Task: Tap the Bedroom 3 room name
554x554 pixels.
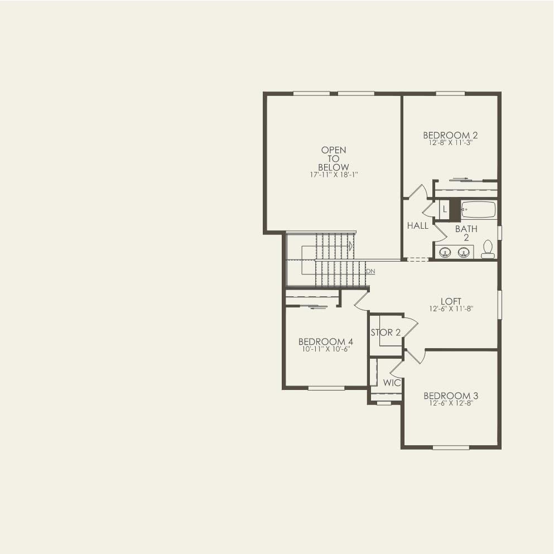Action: click(x=451, y=396)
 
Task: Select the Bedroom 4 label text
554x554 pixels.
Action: click(x=326, y=341)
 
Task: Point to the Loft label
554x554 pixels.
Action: click(x=451, y=301)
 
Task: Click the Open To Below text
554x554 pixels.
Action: click(x=334, y=158)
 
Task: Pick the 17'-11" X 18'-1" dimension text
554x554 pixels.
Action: click(x=334, y=175)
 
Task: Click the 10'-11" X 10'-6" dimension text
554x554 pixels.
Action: click(x=326, y=349)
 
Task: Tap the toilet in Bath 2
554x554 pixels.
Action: click(x=488, y=249)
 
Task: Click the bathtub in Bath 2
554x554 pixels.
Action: click(x=478, y=210)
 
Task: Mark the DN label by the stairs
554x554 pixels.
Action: click(x=370, y=271)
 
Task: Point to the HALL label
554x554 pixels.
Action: click(x=418, y=226)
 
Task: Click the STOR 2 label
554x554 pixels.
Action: click(x=386, y=333)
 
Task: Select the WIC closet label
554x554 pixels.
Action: click(x=392, y=383)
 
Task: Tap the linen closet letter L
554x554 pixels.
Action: click(x=445, y=210)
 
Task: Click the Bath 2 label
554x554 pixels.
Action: click(x=466, y=233)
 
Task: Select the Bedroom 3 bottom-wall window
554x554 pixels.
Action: click(x=451, y=447)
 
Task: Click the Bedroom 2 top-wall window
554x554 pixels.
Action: click(x=450, y=93)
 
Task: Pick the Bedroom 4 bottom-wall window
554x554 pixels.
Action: click(x=326, y=388)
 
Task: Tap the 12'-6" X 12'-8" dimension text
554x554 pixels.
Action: click(x=451, y=403)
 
